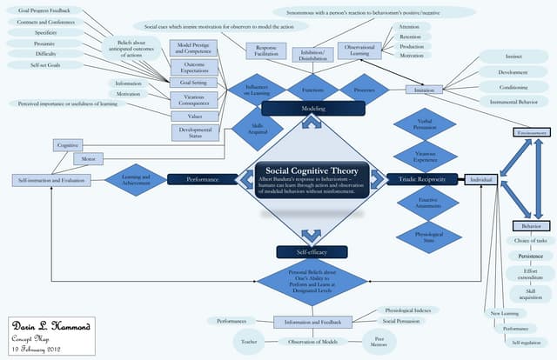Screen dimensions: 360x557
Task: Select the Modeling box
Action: pyautogui.click(x=312, y=108)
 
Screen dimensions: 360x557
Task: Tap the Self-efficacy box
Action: pyautogui.click(x=312, y=251)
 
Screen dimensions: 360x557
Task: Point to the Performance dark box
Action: pyautogui.click(x=202, y=179)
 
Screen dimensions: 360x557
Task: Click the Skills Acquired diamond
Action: pyautogui.click(x=258, y=128)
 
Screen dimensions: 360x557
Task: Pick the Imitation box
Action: pyautogui.click(x=424, y=90)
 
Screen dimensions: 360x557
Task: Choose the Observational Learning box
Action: pyautogui.click(x=359, y=50)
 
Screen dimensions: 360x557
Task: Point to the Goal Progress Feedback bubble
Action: pyautogui.click(x=37, y=10)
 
